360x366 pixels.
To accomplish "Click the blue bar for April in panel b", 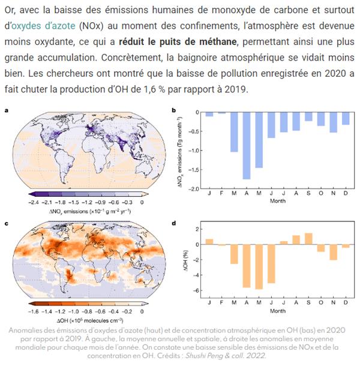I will point(246,145).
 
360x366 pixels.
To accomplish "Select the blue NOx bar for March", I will point(234,131).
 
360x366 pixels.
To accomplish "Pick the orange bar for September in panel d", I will point(309,239).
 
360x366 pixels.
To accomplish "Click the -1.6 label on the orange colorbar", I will point(34,311).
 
